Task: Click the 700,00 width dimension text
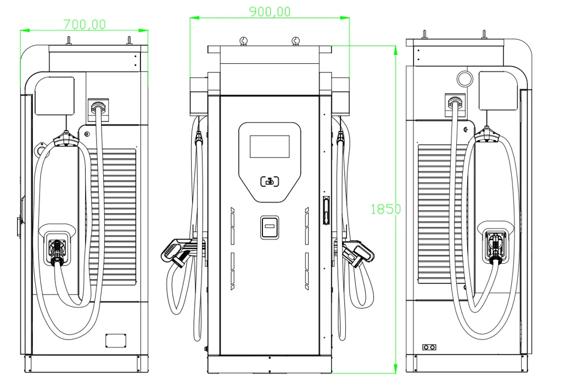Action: click(85, 24)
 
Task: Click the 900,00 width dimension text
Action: click(270, 12)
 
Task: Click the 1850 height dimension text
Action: click(385, 209)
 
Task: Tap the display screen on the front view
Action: click(270, 146)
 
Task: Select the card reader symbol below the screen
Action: click(270, 182)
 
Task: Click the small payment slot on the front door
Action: click(270, 227)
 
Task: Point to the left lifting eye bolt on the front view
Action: click(244, 41)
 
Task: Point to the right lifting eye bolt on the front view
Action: click(295, 41)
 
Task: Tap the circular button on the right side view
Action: click(465, 79)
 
